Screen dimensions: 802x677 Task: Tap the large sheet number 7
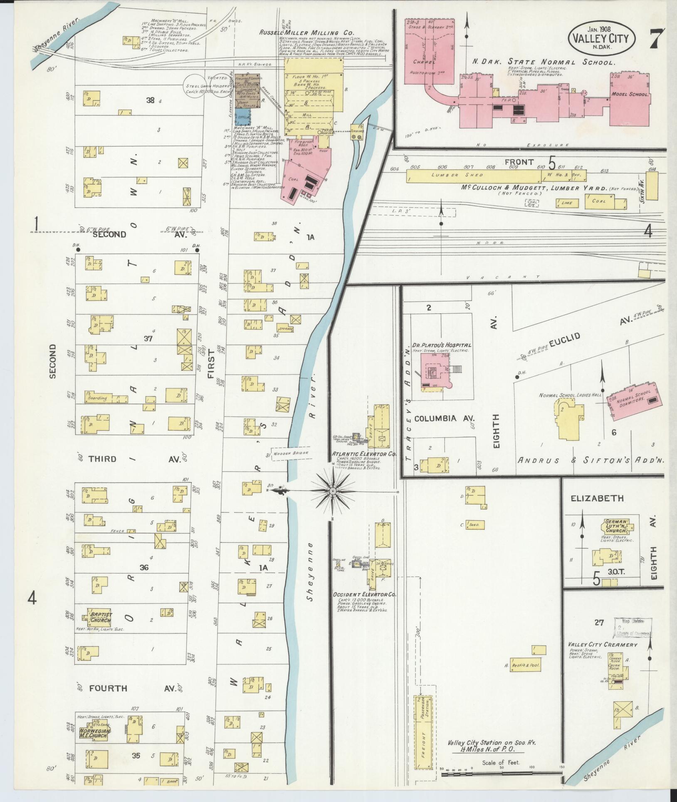click(x=657, y=40)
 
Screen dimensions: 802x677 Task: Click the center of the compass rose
click(x=332, y=492)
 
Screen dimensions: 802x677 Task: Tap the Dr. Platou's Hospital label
click(x=442, y=345)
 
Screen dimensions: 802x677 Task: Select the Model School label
click(x=630, y=94)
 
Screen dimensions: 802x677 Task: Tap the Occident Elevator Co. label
click(x=364, y=595)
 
